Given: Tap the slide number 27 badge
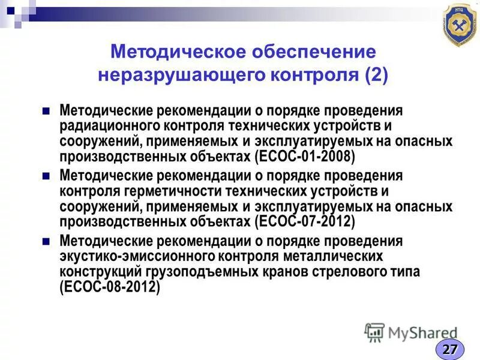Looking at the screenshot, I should coord(450,349).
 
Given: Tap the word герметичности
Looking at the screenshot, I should coord(164,191).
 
